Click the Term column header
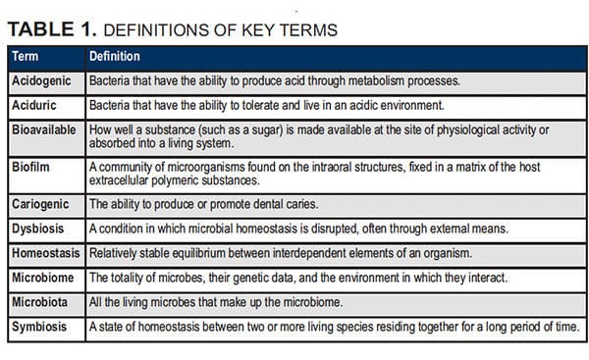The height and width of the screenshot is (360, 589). pyautogui.click(x=26, y=56)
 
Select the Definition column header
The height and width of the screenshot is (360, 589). pyautogui.click(x=115, y=56)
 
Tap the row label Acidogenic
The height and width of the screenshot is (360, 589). pyautogui.click(x=41, y=81)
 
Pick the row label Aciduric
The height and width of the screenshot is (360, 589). pyautogui.click(x=34, y=105)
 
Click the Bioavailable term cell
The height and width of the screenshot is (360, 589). pyautogui.click(x=44, y=129)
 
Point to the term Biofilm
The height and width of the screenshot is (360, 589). pyautogui.click(x=30, y=167)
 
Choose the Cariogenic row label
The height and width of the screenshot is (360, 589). pyautogui.click(x=40, y=205)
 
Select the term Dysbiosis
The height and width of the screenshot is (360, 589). pyautogui.click(x=38, y=229)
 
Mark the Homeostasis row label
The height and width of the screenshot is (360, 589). pyautogui.click(x=46, y=253)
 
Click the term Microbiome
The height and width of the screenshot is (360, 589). pyautogui.click(x=43, y=278)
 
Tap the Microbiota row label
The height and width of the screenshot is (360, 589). pyautogui.click(x=40, y=302)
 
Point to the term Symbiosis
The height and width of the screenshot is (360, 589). pyautogui.click(x=39, y=327)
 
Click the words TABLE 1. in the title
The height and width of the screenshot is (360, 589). pyautogui.click(x=52, y=29)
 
